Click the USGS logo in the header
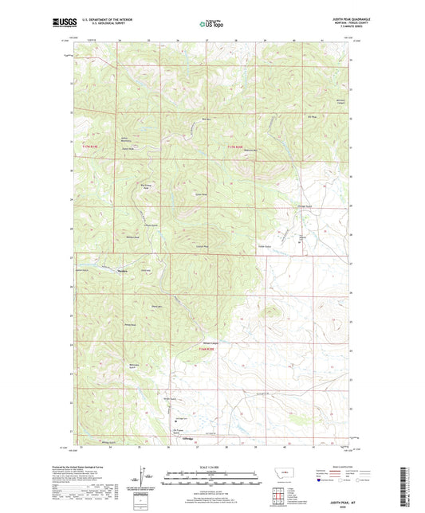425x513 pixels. pyautogui.click(x=64, y=23)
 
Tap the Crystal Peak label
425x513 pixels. pyautogui.click(x=203, y=246)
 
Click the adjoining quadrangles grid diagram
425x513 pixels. pyautogui.click(x=306, y=476)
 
